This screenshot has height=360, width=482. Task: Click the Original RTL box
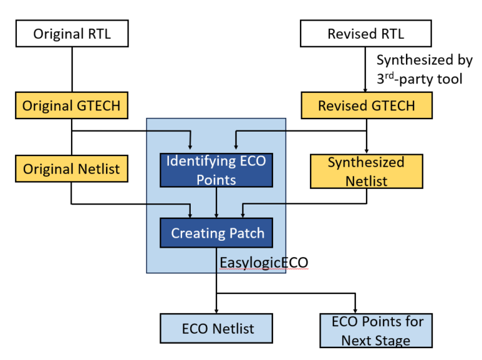72,34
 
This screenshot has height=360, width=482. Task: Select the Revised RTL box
366,34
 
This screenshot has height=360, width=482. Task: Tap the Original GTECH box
72,105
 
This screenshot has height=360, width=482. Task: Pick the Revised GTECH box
366,105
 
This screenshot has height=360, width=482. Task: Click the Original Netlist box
72,169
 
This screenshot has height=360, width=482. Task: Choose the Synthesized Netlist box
366,171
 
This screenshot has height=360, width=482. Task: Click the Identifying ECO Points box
216,170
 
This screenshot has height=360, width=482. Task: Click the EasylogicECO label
264,262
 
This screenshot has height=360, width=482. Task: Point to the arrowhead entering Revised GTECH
366,88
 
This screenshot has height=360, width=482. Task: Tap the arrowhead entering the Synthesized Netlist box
366,151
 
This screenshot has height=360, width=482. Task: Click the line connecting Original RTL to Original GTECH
72,69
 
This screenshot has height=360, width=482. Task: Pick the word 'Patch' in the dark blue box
245,233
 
